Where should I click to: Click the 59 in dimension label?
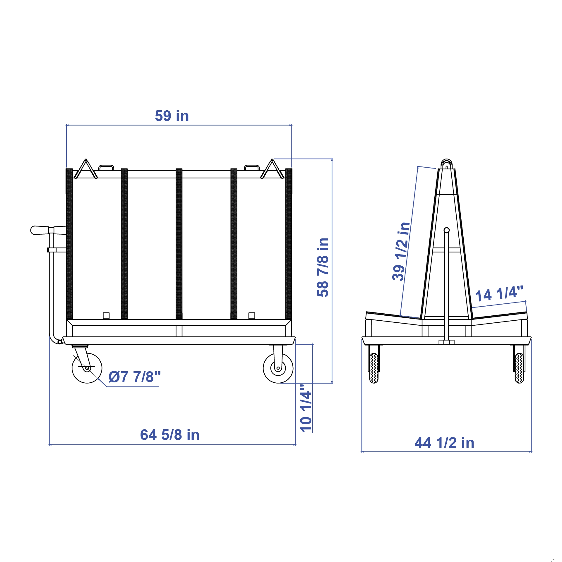(172, 116)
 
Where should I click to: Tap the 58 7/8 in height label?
(323, 267)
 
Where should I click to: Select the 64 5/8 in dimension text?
(170, 435)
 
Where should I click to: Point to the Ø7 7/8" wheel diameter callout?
(135, 377)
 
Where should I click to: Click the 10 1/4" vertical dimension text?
(306, 408)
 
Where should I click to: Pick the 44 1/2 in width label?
(444, 443)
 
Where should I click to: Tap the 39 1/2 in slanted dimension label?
(401, 252)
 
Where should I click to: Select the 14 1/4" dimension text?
(499, 294)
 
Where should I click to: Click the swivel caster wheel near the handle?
(87, 368)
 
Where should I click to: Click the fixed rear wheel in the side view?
(278, 368)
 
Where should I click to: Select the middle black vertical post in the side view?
(179, 243)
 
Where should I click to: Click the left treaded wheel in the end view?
(374, 368)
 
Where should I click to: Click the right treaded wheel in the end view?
(519, 368)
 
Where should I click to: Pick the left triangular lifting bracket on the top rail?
(85, 170)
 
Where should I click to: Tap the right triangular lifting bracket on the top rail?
(272, 170)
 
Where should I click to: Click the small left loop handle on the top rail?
(106, 168)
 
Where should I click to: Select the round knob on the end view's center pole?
(446, 230)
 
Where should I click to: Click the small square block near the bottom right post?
(251, 316)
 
